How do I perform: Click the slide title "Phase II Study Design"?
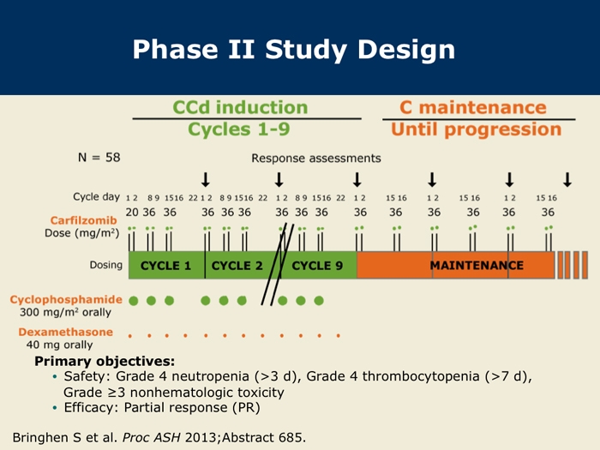[294, 50]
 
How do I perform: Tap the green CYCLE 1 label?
[165, 266]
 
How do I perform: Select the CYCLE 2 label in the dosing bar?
[237, 266]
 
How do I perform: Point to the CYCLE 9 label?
[317, 266]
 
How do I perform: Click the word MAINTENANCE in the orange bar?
[477, 265]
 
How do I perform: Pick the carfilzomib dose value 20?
[132, 212]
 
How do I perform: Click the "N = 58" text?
[99, 157]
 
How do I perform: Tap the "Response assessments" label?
[316, 158]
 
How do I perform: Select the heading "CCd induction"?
[240, 107]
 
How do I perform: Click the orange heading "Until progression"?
[477, 129]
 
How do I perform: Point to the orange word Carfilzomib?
[83, 220]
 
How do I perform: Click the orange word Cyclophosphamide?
[66, 300]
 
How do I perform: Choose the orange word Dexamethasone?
[66, 332]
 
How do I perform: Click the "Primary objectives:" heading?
[105, 361]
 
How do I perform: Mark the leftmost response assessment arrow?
[206, 179]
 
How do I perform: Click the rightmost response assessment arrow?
[567, 179]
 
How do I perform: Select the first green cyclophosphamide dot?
[133, 301]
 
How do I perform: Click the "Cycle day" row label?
[96, 196]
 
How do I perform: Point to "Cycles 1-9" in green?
[239, 129]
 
